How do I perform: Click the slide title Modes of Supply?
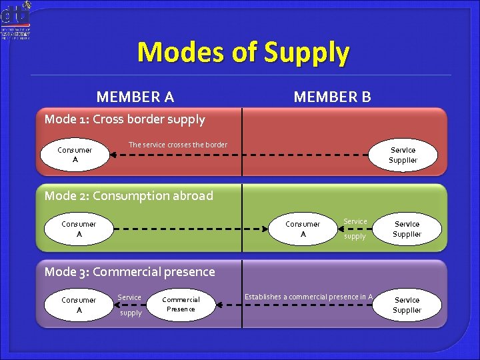coord(243,52)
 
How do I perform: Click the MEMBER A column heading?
coord(135,97)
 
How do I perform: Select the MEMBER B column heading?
coord(332,97)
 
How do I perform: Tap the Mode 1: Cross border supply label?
coord(125,120)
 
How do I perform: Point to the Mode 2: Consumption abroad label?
coord(129,196)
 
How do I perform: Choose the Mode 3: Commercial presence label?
coord(129,272)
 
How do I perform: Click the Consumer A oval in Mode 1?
coord(75,155)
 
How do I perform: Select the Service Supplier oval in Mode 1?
coord(403,155)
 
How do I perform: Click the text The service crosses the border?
coord(177,145)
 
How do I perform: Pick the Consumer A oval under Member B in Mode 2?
coord(303,229)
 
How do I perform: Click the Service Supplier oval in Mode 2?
coord(407,229)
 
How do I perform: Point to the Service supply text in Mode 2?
coord(355,229)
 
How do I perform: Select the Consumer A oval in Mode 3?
coord(79,305)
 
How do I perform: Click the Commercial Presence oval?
coord(181,305)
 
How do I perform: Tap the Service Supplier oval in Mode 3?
coord(407,305)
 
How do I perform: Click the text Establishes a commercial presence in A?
coord(308,297)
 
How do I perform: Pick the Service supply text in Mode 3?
coord(129,305)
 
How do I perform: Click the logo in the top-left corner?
coord(17,20)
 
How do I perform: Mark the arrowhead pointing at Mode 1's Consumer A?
coord(114,155)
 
